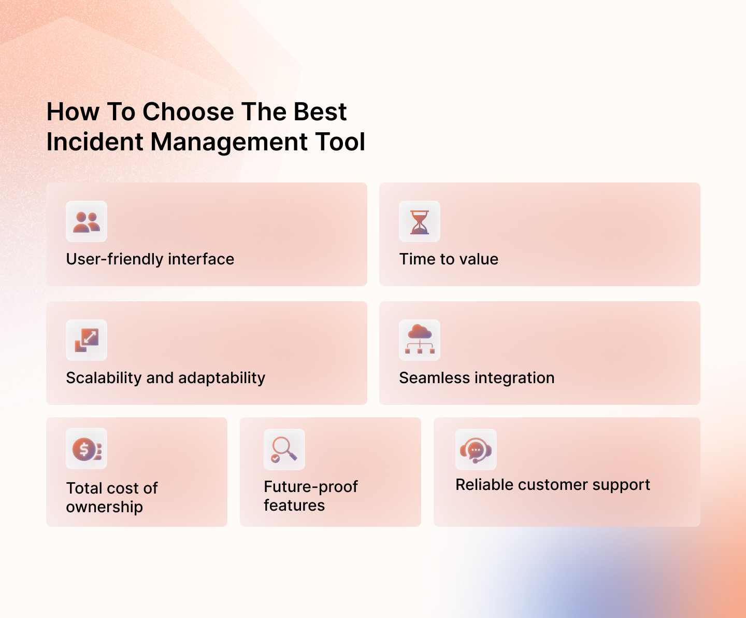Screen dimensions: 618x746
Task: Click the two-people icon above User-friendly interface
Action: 87,221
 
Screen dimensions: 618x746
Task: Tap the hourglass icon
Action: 420,222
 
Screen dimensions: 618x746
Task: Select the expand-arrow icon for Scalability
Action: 87,340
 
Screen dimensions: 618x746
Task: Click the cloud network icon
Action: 420,340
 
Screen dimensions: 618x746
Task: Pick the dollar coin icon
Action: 86,449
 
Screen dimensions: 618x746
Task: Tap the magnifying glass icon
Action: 284,450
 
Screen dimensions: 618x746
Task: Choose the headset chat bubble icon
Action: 476,450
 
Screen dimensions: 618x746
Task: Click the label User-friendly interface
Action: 150,259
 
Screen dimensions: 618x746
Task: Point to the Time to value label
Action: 449,259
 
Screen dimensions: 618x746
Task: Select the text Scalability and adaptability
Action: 166,378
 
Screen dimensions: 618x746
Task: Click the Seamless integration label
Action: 477,378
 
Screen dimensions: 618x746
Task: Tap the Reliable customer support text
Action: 553,485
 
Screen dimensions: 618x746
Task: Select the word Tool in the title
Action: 340,142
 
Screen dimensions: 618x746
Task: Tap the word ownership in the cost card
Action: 105,507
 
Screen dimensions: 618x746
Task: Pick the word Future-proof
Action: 311,487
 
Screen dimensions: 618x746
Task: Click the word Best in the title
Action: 320,112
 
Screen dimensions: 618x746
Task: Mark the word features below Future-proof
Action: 294,505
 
